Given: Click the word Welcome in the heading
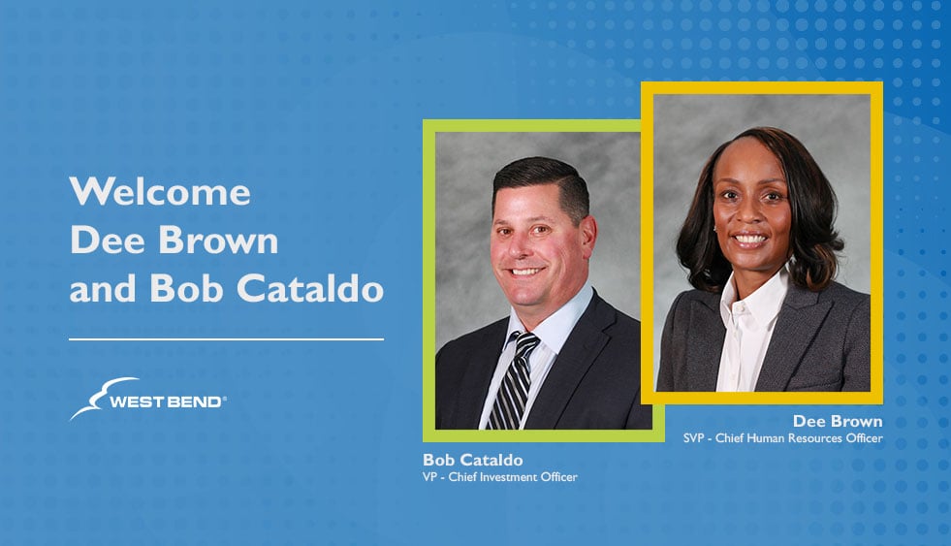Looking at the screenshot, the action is click(x=160, y=192).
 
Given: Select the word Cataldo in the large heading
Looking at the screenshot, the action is click(x=310, y=288).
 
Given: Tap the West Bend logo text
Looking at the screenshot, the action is click(x=168, y=401).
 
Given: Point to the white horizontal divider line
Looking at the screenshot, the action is click(x=226, y=339).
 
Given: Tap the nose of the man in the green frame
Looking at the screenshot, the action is click(x=519, y=245).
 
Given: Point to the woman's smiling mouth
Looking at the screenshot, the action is click(x=750, y=239).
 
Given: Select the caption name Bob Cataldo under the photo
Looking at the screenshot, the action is click(x=472, y=460).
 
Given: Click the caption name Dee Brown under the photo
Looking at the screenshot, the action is click(x=838, y=421).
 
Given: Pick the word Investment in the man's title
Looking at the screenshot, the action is click(x=509, y=477).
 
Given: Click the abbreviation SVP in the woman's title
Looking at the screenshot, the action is click(x=693, y=438).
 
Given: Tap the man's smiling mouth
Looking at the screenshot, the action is click(x=525, y=272).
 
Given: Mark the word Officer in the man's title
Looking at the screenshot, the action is click(x=559, y=477).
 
